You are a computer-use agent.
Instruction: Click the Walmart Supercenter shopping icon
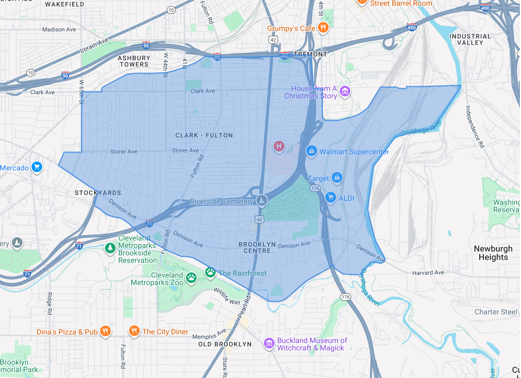click(313, 151)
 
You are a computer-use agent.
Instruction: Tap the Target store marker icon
click(336, 178)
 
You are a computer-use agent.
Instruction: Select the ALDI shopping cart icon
click(331, 197)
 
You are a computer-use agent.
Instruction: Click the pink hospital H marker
click(278, 146)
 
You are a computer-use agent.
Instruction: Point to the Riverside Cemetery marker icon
click(261, 201)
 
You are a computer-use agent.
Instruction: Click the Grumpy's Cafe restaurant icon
click(323, 28)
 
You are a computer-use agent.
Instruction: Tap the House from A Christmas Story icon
click(345, 92)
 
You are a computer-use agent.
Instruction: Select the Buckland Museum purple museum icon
click(270, 344)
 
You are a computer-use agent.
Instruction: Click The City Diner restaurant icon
click(134, 331)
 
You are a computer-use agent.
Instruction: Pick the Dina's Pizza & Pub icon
click(105, 331)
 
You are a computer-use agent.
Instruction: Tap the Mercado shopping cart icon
click(37, 168)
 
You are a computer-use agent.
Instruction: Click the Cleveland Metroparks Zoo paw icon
click(191, 276)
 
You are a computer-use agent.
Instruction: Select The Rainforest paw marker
click(211, 273)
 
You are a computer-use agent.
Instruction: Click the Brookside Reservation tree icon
click(110, 248)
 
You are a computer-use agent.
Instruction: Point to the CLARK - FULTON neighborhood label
click(204, 136)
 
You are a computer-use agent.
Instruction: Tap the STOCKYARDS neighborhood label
click(98, 193)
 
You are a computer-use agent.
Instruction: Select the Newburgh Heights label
click(493, 253)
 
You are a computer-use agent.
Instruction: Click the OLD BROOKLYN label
click(225, 344)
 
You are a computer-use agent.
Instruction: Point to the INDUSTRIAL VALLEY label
click(470, 39)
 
